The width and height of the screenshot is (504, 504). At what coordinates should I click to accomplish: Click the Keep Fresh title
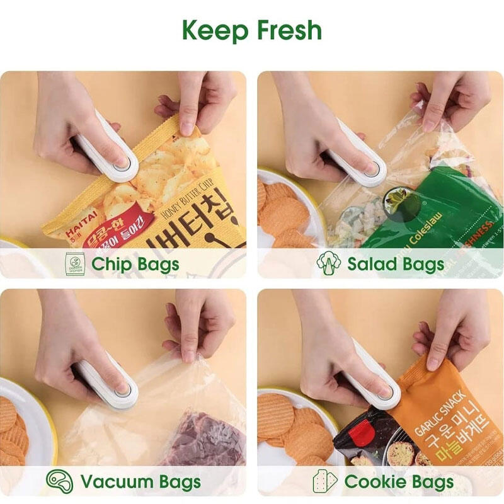point(252,30)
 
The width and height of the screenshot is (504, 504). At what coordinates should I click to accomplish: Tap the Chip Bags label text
point(135,263)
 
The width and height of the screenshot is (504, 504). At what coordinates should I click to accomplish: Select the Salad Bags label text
point(396,263)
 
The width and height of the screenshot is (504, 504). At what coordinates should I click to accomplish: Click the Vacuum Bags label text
point(140,483)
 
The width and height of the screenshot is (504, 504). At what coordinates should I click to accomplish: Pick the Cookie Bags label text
point(399,483)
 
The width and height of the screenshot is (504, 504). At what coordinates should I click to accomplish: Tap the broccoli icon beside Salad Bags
point(328,263)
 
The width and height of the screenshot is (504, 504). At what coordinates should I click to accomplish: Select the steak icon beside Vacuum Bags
point(59,482)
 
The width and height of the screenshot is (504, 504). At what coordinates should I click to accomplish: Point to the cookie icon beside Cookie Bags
point(325,482)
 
